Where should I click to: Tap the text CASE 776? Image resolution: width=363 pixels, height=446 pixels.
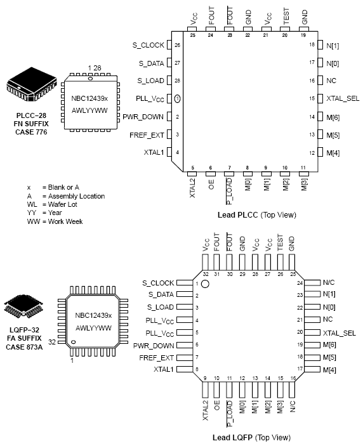tap(28, 131)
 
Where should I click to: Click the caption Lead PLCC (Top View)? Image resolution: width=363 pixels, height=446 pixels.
tap(255, 215)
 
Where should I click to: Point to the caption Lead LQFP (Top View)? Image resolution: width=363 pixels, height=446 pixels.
tap(252, 437)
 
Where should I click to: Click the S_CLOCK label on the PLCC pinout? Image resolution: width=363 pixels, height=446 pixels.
tap(148, 45)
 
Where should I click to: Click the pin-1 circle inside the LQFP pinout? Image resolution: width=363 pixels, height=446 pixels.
tap(206, 285)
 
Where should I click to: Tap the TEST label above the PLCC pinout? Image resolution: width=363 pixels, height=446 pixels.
tap(286, 19)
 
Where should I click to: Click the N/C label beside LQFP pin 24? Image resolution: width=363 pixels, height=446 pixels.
tap(329, 282)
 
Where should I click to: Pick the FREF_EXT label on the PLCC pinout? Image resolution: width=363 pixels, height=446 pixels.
tap(147, 135)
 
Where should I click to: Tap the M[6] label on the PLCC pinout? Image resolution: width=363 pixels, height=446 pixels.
tap(333, 117)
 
